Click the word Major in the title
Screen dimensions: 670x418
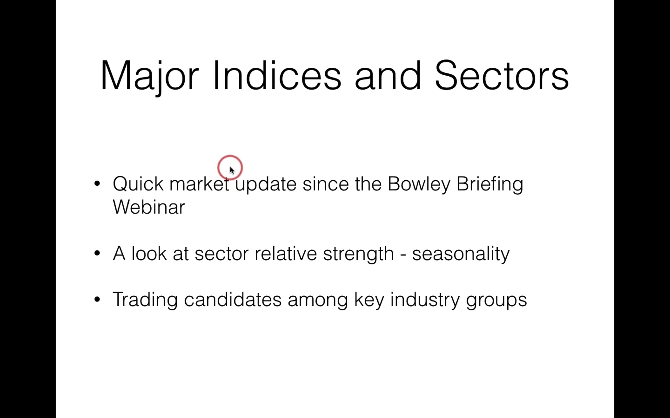(150, 77)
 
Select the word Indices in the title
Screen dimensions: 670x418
(277, 75)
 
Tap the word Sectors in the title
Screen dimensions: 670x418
(502, 75)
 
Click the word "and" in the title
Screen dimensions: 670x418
(387, 75)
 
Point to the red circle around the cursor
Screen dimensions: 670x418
(230, 156)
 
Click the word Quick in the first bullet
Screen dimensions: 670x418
(138, 184)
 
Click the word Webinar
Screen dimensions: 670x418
(149, 207)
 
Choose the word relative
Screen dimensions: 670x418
(286, 253)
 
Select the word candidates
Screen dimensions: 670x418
(233, 299)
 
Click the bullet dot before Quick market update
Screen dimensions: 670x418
(97, 183)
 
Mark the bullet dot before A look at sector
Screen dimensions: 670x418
(97, 253)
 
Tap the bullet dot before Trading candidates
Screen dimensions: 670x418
(97, 299)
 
